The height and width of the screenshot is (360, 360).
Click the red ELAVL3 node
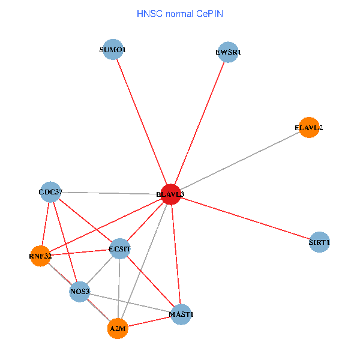171,194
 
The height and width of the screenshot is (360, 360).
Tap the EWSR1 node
228,52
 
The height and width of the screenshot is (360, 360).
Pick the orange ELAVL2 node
308,127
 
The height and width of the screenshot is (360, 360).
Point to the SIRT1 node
319,242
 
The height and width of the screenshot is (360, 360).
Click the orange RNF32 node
40,256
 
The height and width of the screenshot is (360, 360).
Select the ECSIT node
120,248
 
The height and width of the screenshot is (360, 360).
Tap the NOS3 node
80,292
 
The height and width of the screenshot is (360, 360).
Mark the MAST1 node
181,314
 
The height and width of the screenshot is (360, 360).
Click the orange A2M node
118,328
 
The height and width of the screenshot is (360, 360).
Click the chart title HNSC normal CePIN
179,13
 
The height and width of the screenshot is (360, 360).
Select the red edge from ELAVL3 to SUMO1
142,122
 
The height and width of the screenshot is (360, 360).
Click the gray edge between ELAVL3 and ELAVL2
240,161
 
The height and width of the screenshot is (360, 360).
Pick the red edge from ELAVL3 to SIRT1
245,218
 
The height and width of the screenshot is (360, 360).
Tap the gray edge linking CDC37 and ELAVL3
110,193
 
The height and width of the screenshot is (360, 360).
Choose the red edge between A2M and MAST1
149,321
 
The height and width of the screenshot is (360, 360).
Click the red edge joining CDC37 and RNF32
45,224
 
